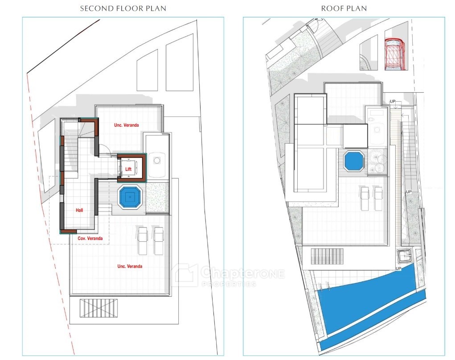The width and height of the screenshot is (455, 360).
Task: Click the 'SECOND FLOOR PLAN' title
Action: [123, 8]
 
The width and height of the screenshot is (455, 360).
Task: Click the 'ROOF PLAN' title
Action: [344, 8]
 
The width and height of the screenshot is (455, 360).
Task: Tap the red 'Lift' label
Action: [128, 169]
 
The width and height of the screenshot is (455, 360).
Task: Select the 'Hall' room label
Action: [79, 210]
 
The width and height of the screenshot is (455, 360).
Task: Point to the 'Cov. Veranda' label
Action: [90, 238]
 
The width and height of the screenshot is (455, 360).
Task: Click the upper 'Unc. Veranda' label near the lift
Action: [126, 125]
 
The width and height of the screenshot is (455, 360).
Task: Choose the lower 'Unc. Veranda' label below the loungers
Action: [130, 266]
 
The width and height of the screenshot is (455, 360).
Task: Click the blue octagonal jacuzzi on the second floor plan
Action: [130, 197]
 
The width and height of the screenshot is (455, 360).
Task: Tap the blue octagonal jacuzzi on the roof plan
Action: [354, 161]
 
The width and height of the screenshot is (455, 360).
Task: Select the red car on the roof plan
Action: [396, 54]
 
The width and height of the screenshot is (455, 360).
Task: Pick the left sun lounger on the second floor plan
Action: [143, 241]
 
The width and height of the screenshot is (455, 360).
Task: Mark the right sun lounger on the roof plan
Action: [378, 199]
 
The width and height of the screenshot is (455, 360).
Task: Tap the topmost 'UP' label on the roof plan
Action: [393, 101]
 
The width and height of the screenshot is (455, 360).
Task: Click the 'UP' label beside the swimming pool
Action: [398, 269]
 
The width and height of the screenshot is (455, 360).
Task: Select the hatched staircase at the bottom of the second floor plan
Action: [99, 309]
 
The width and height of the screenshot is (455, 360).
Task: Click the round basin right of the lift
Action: [157, 160]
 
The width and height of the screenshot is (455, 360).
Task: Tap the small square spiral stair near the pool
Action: [405, 256]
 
